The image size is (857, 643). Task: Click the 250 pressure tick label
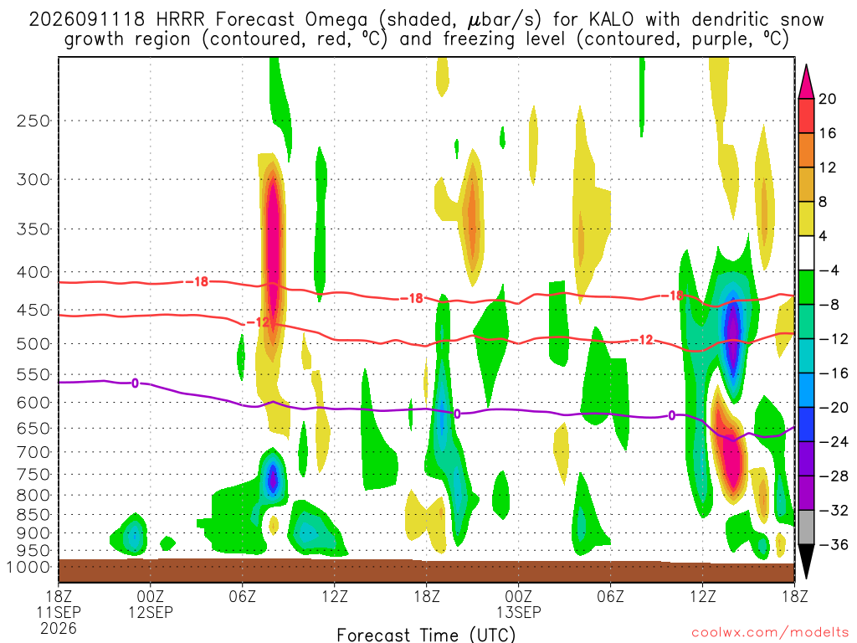33,121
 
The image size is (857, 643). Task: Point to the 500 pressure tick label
33,344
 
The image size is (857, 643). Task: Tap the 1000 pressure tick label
28,568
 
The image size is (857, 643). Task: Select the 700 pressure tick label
33,452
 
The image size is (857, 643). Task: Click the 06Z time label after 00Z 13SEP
610,596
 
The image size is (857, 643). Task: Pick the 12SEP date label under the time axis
151,612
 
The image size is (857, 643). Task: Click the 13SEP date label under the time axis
519,612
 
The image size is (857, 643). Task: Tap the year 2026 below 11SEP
59,629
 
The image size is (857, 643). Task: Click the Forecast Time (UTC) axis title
426,635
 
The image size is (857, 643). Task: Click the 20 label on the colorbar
828,99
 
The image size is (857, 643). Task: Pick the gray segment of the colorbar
806,527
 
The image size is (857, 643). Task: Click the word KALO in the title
612,20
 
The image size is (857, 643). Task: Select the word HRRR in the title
180,20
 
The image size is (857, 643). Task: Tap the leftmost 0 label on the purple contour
135,383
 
